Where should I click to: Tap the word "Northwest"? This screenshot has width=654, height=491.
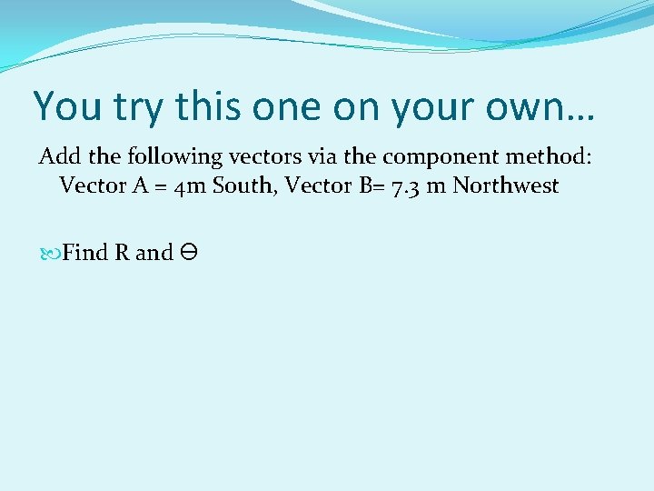506,185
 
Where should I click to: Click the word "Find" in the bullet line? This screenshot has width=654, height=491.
85,252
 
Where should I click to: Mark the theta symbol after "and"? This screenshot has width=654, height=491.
189,252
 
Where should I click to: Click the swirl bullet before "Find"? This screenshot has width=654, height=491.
49,253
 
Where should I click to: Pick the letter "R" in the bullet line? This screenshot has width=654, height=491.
122,252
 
